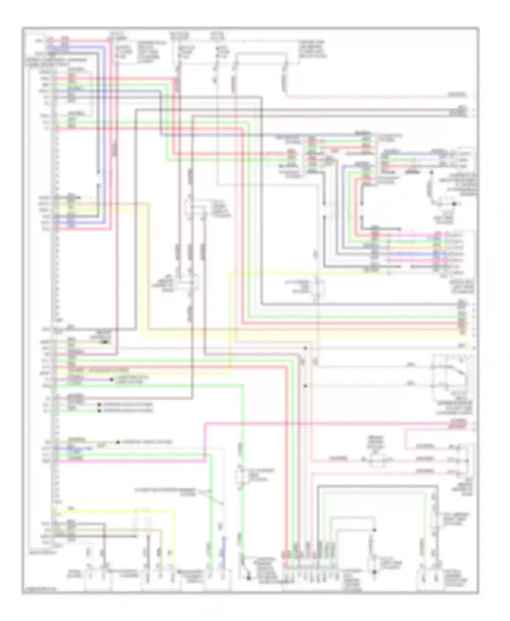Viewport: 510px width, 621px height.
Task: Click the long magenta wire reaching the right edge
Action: (340, 424)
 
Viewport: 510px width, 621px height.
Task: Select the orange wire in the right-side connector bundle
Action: (411, 248)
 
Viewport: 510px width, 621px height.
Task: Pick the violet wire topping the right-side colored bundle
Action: (411, 235)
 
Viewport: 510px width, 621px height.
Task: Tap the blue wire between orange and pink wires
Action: (411, 254)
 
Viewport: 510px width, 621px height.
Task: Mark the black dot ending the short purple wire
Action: (112, 379)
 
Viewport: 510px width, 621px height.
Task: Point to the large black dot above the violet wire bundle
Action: (454, 204)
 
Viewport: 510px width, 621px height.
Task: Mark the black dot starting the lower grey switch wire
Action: (305, 386)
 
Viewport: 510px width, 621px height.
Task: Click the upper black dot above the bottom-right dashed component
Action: (374, 530)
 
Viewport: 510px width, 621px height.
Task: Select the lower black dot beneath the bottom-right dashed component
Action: (374, 572)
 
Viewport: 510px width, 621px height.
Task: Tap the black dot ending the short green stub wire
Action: (99, 411)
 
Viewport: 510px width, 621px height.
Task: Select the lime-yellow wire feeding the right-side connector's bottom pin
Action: (306, 272)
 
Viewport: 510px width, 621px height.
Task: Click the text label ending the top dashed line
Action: (312, 49)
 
